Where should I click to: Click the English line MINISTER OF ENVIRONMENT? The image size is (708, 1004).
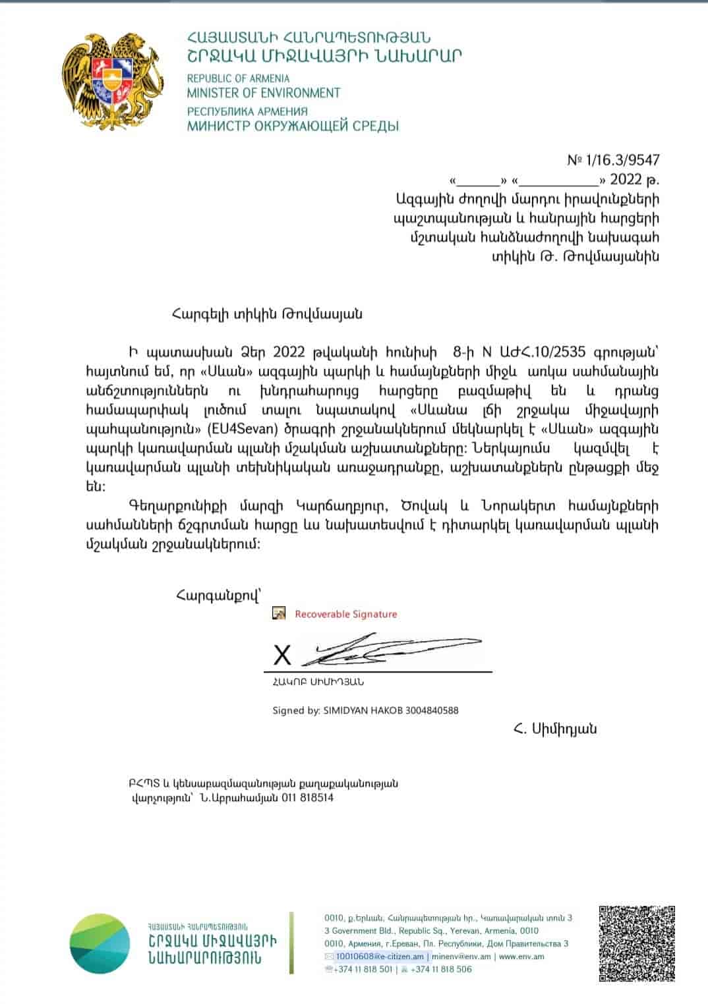pos(263,93)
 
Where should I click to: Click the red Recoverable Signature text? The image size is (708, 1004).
pos(345,614)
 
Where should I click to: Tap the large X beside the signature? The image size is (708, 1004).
pos(282,655)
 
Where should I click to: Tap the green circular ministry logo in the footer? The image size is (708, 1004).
pos(100,943)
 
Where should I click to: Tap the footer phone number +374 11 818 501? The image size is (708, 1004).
pos(363,969)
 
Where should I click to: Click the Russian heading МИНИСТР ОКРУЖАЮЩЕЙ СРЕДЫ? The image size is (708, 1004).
pos(293,126)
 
